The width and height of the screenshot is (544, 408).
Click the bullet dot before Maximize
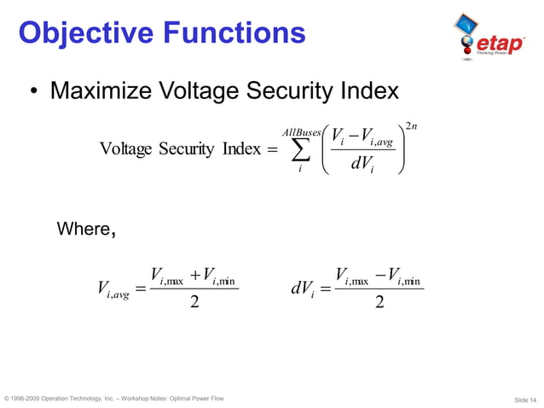coord(32,92)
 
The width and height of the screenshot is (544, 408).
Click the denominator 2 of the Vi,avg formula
coord(195,302)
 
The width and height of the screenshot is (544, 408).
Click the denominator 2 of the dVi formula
coord(379,302)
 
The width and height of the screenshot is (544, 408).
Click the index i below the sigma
coord(299,170)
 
